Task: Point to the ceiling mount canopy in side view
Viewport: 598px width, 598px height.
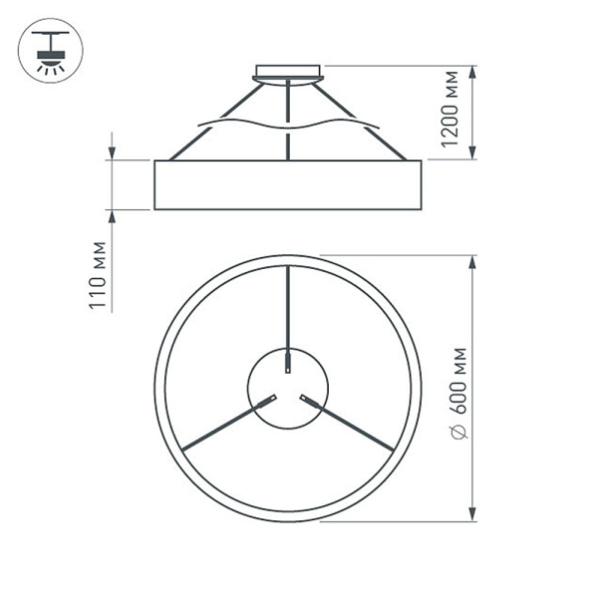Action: pos(289,71)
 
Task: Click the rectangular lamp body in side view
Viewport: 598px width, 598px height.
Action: pos(288,184)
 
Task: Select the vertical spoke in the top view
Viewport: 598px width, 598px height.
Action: pos(287,309)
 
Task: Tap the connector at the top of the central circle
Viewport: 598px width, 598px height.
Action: pos(287,361)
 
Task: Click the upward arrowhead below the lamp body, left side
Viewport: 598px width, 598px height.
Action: pos(112,217)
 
